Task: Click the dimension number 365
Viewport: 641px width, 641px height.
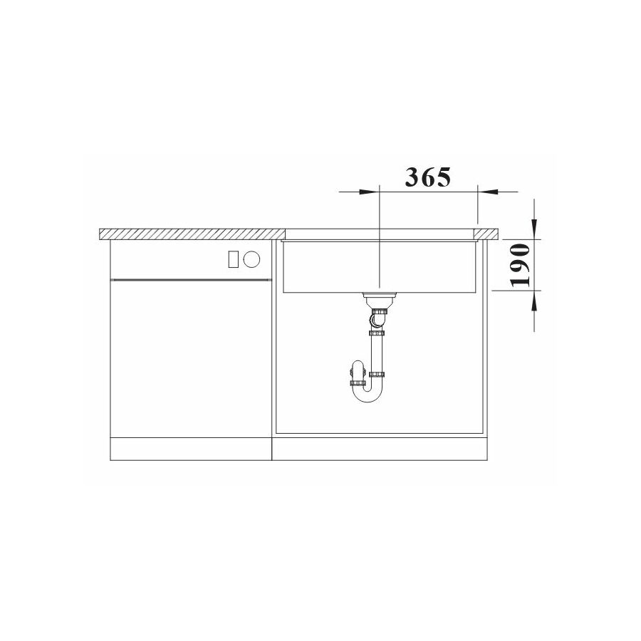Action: [427, 177]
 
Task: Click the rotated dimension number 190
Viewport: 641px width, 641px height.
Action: [521, 265]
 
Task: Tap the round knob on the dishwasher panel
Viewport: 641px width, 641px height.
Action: [251, 259]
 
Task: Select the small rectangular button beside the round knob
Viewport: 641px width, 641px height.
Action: [234, 259]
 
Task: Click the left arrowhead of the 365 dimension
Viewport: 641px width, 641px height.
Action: [368, 192]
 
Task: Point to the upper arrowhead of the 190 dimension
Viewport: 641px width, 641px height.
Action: [534, 229]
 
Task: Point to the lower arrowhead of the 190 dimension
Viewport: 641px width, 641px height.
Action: [534, 301]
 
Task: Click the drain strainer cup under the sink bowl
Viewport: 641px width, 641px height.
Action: [380, 301]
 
